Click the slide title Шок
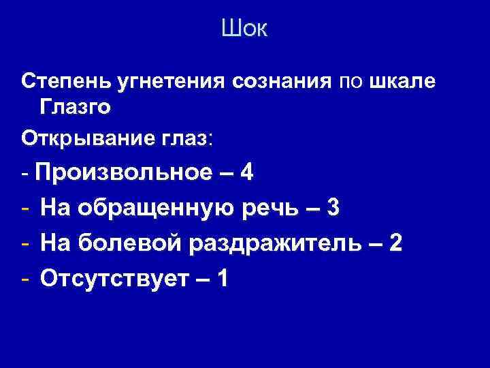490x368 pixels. click(x=245, y=29)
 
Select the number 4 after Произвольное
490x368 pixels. click(x=247, y=172)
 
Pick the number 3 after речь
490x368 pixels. click(x=333, y=208)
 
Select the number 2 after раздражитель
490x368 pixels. click(x=395, y=243)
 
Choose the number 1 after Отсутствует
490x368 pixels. click(x=221, y=278)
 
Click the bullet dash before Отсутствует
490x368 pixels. click(x=25, y=278)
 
